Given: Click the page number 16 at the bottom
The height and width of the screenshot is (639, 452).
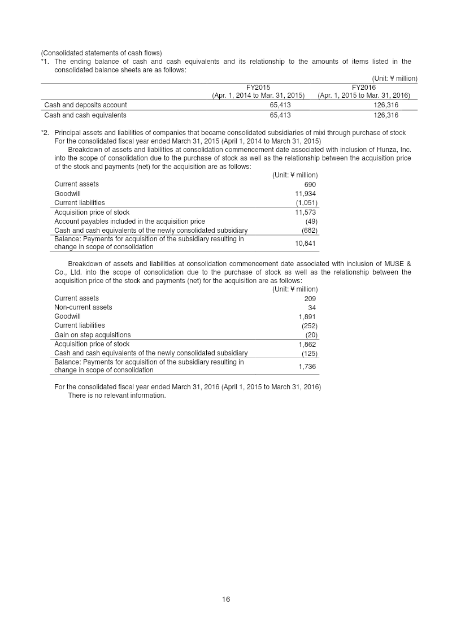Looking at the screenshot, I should click(x=226, y=599).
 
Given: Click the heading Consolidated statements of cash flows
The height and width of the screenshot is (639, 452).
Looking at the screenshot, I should click(x=101, y=54).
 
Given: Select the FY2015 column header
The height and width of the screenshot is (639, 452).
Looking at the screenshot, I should click(x=258, y=88).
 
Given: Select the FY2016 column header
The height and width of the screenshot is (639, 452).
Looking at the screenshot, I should click(x=363, y=88).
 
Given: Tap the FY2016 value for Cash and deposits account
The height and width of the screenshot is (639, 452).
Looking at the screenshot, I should click(x=386, y=105).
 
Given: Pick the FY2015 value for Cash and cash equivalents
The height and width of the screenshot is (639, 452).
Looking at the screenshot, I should click(x=280, y=115).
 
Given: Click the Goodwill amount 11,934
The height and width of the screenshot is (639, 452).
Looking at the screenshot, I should click(x=306, y=194).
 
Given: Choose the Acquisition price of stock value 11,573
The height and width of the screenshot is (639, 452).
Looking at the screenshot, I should click(x=306, y=212).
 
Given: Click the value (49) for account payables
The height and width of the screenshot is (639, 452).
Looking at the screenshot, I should click(x=311, y=221).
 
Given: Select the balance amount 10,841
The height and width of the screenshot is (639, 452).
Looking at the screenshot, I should click(x=306, y=244).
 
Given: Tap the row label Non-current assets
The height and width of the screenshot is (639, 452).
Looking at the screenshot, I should click(x=83, y=307).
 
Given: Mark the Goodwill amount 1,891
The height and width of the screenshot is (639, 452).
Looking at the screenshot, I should click(x=307, y=317).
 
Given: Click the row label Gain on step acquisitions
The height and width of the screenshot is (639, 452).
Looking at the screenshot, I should click(x=92, y=335).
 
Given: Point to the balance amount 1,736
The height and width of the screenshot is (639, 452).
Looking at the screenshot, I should click(x=307, y=367).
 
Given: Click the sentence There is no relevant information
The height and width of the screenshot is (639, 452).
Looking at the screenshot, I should click(x=117, y=395).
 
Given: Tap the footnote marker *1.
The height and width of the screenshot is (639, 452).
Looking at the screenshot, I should click(x=45, y=62).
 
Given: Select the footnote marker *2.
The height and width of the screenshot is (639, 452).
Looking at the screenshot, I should click(x=45, y=133).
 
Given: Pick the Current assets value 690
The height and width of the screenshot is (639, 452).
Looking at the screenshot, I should click(x=310, y=185).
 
